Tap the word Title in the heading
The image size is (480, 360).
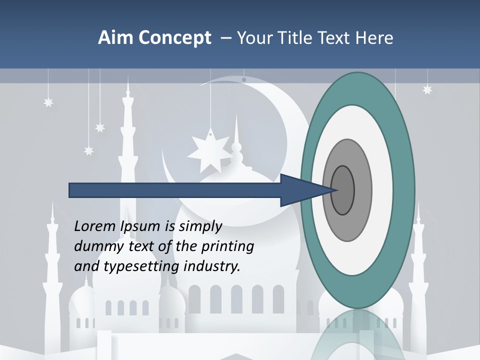[x=293, y=38]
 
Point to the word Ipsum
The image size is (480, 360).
[x=140, y=226]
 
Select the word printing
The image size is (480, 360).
[x=227, y=246]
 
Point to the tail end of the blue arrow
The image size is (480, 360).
[x=70, y=190]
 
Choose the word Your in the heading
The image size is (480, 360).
[x=253, y=38]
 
